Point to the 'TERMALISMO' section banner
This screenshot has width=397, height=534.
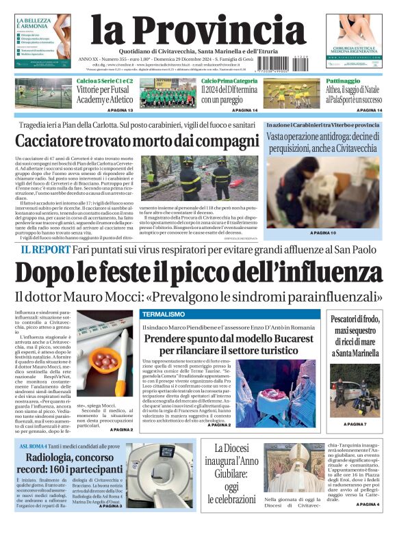[164, 314]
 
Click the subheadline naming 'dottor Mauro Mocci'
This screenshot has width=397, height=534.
[198, 297]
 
